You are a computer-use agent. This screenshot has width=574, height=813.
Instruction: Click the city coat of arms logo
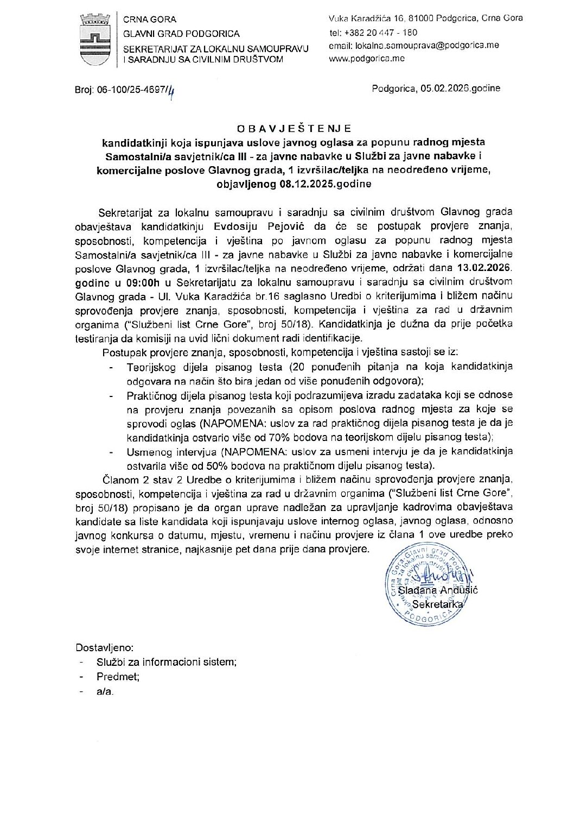[x=96, y=39]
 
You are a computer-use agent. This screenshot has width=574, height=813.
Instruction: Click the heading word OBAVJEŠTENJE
[x=294, y=129]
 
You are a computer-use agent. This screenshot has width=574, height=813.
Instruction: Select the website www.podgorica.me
[x=367, y=59]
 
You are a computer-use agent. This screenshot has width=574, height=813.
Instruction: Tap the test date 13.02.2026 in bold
[x=482, y=267]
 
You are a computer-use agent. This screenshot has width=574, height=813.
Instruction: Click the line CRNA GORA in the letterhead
[x=146, y=20]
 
